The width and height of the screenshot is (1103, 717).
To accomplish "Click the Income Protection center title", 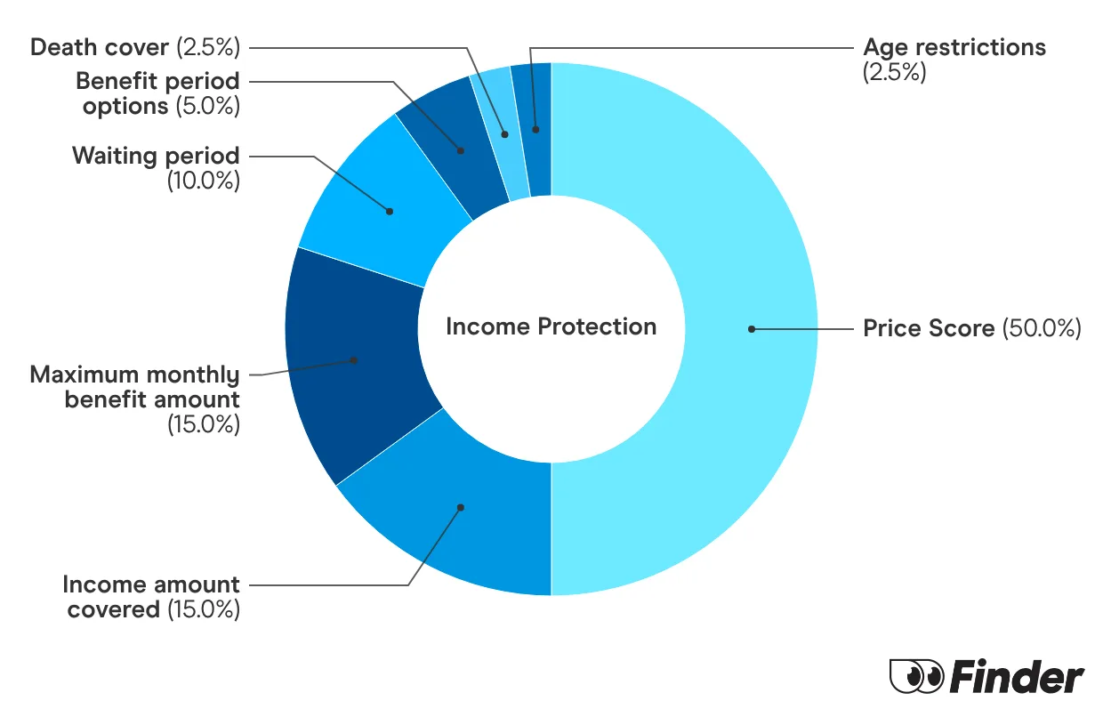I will point(551,326).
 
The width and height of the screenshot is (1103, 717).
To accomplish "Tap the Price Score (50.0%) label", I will point(971,328).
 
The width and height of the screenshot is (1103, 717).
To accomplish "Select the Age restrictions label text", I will point(954,47).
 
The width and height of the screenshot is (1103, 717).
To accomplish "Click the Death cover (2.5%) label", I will point(134,47).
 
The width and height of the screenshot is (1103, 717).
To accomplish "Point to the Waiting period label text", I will point(156,156).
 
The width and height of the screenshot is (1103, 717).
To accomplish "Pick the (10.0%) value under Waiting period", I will point(204,180).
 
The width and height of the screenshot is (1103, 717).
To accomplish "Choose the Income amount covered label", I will point(151,597).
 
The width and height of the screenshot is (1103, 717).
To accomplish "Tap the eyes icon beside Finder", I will point(915,677).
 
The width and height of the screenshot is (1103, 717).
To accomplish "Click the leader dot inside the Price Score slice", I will point(752,329).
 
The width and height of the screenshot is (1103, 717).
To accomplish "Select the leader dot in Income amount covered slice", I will point(461,508).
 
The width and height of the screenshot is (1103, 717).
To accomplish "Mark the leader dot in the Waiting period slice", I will point(390,211).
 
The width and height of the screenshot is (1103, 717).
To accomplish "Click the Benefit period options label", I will point(157,93).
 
